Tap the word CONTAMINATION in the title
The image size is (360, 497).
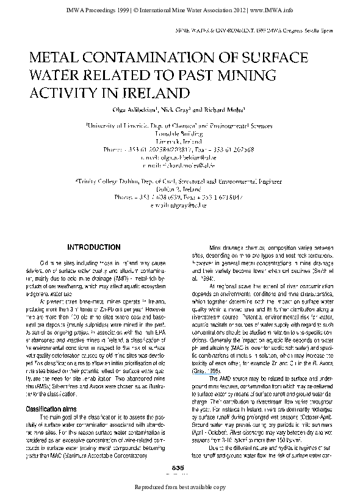click(x=149, y=59)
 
